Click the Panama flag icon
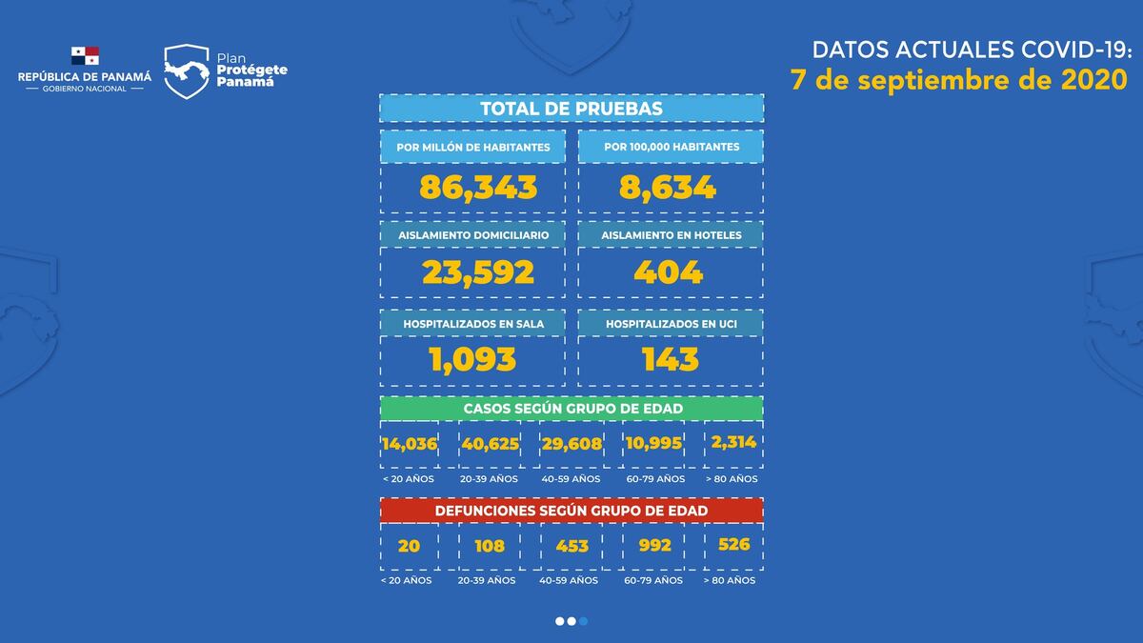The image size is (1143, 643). pos(85,56)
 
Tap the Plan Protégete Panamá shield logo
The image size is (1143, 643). pos(187,71)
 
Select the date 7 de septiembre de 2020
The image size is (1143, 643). pos(959,80)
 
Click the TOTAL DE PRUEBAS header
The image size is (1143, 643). pos(571,109)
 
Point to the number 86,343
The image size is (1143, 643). pos(478,187)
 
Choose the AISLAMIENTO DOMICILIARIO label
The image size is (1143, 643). pos(473,234)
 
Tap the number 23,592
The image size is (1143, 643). pos(478,273)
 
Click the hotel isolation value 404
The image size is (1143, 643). pos(669,273)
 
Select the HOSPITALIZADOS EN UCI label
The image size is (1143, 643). pos(671,324)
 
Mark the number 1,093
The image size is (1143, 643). pos(472,359)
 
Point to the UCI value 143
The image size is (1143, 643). pos(671,359)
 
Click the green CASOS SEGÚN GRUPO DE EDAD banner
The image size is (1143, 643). pos(571,408)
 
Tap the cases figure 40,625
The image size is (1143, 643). pos(490,443)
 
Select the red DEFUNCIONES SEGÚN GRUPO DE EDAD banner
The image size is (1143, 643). pos(571,511)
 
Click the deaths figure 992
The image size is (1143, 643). pos(655,546)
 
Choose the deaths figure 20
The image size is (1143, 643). pos(409,546)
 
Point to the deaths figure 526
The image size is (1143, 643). pos(732,544)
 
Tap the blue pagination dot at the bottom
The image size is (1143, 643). pos(584,621)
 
